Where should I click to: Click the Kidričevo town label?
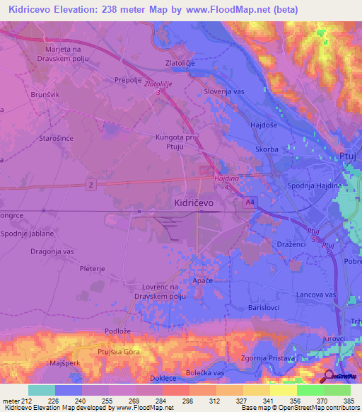tap(194, 202)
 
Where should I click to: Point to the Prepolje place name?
tap(129, 80)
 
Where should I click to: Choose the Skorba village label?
tap(267, 150)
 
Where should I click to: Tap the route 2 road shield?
tap(90, 185)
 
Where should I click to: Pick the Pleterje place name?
tap(93, 269)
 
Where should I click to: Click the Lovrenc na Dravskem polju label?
tap(174, 291)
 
